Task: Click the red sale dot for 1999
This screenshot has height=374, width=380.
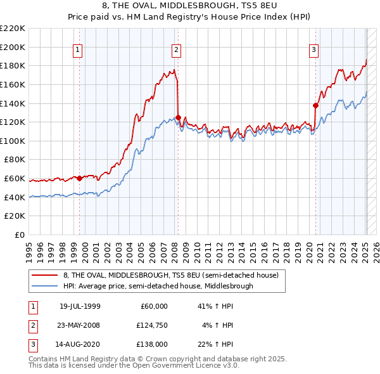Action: pos(80,178)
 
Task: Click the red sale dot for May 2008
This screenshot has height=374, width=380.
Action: pos(179,117)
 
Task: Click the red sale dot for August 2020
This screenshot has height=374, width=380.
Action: pos(315,105)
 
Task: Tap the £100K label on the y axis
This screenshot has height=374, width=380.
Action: pos(13,141)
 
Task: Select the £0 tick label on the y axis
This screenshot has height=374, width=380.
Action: pos(19,235)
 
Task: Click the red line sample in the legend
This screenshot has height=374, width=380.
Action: pos(45,274)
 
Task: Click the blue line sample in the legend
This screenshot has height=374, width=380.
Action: pos(45,286)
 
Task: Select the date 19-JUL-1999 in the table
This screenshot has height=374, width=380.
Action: pos(80,306)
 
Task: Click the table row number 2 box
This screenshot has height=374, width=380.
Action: pos(32,325)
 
